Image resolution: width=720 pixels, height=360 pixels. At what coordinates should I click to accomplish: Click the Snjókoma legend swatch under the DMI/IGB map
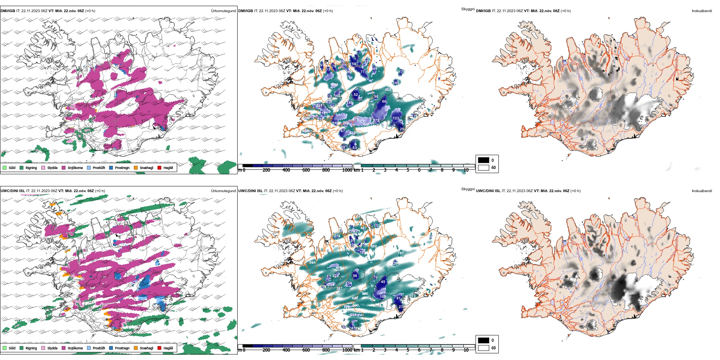64,167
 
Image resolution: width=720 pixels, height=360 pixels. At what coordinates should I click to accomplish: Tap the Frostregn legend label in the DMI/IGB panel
122,168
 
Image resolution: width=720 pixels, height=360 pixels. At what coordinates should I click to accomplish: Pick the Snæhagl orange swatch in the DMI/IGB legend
136,167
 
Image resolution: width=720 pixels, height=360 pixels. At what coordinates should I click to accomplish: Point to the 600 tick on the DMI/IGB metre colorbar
306,170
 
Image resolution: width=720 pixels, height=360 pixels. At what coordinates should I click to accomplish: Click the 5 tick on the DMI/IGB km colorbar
408,170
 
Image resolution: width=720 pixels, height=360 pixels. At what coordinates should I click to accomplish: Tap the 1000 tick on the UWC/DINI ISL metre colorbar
347,350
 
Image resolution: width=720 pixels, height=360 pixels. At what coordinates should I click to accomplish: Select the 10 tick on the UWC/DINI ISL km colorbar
466,350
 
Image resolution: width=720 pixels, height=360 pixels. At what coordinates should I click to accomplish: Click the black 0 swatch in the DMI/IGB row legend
484,160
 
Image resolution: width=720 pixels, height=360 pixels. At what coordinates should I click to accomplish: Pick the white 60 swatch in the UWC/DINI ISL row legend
484,348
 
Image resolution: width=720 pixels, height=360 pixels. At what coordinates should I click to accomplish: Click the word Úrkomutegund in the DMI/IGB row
223,11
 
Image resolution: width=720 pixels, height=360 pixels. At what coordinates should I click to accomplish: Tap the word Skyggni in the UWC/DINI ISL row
468,189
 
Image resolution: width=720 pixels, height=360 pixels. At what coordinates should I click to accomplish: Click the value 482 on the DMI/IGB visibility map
388,90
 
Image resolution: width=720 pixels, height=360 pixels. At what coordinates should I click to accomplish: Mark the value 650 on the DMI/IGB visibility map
399,101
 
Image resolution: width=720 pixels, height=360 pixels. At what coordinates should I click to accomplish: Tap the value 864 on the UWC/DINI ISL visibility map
312,262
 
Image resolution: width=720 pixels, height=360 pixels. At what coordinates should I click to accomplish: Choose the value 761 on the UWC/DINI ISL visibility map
401,253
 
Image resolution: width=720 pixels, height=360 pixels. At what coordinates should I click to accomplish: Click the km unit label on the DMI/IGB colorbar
357,170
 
